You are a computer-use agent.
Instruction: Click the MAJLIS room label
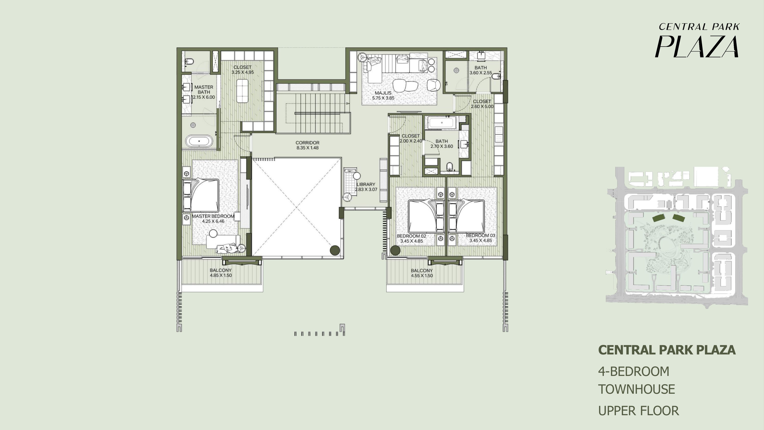[x=383, y=93]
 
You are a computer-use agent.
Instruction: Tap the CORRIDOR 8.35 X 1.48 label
[x=308, y=145]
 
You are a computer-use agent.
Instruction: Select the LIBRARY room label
[x=366, y=184]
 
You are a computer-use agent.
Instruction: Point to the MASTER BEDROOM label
[x=213, y=216]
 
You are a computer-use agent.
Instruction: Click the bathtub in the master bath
[x=199, y=141]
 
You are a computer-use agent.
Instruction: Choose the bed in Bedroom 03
[x=467, y=216]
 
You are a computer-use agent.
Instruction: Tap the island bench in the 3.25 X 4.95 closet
[x=242, y=91]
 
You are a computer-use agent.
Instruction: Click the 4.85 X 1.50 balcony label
[x=221, y=273]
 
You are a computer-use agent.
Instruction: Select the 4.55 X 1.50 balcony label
[x=422, y=273]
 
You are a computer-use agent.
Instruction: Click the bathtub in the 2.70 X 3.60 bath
[x=442, y=122]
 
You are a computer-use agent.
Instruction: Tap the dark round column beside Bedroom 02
[x=395, y=250]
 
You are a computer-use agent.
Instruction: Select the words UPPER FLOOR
[x=639, y=411]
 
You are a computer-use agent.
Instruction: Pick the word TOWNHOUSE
[x=637, y=389]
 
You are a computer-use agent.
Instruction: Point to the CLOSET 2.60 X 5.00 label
[x=482, y=104]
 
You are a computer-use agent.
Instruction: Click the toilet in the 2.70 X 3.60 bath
[x=450, y=167]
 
